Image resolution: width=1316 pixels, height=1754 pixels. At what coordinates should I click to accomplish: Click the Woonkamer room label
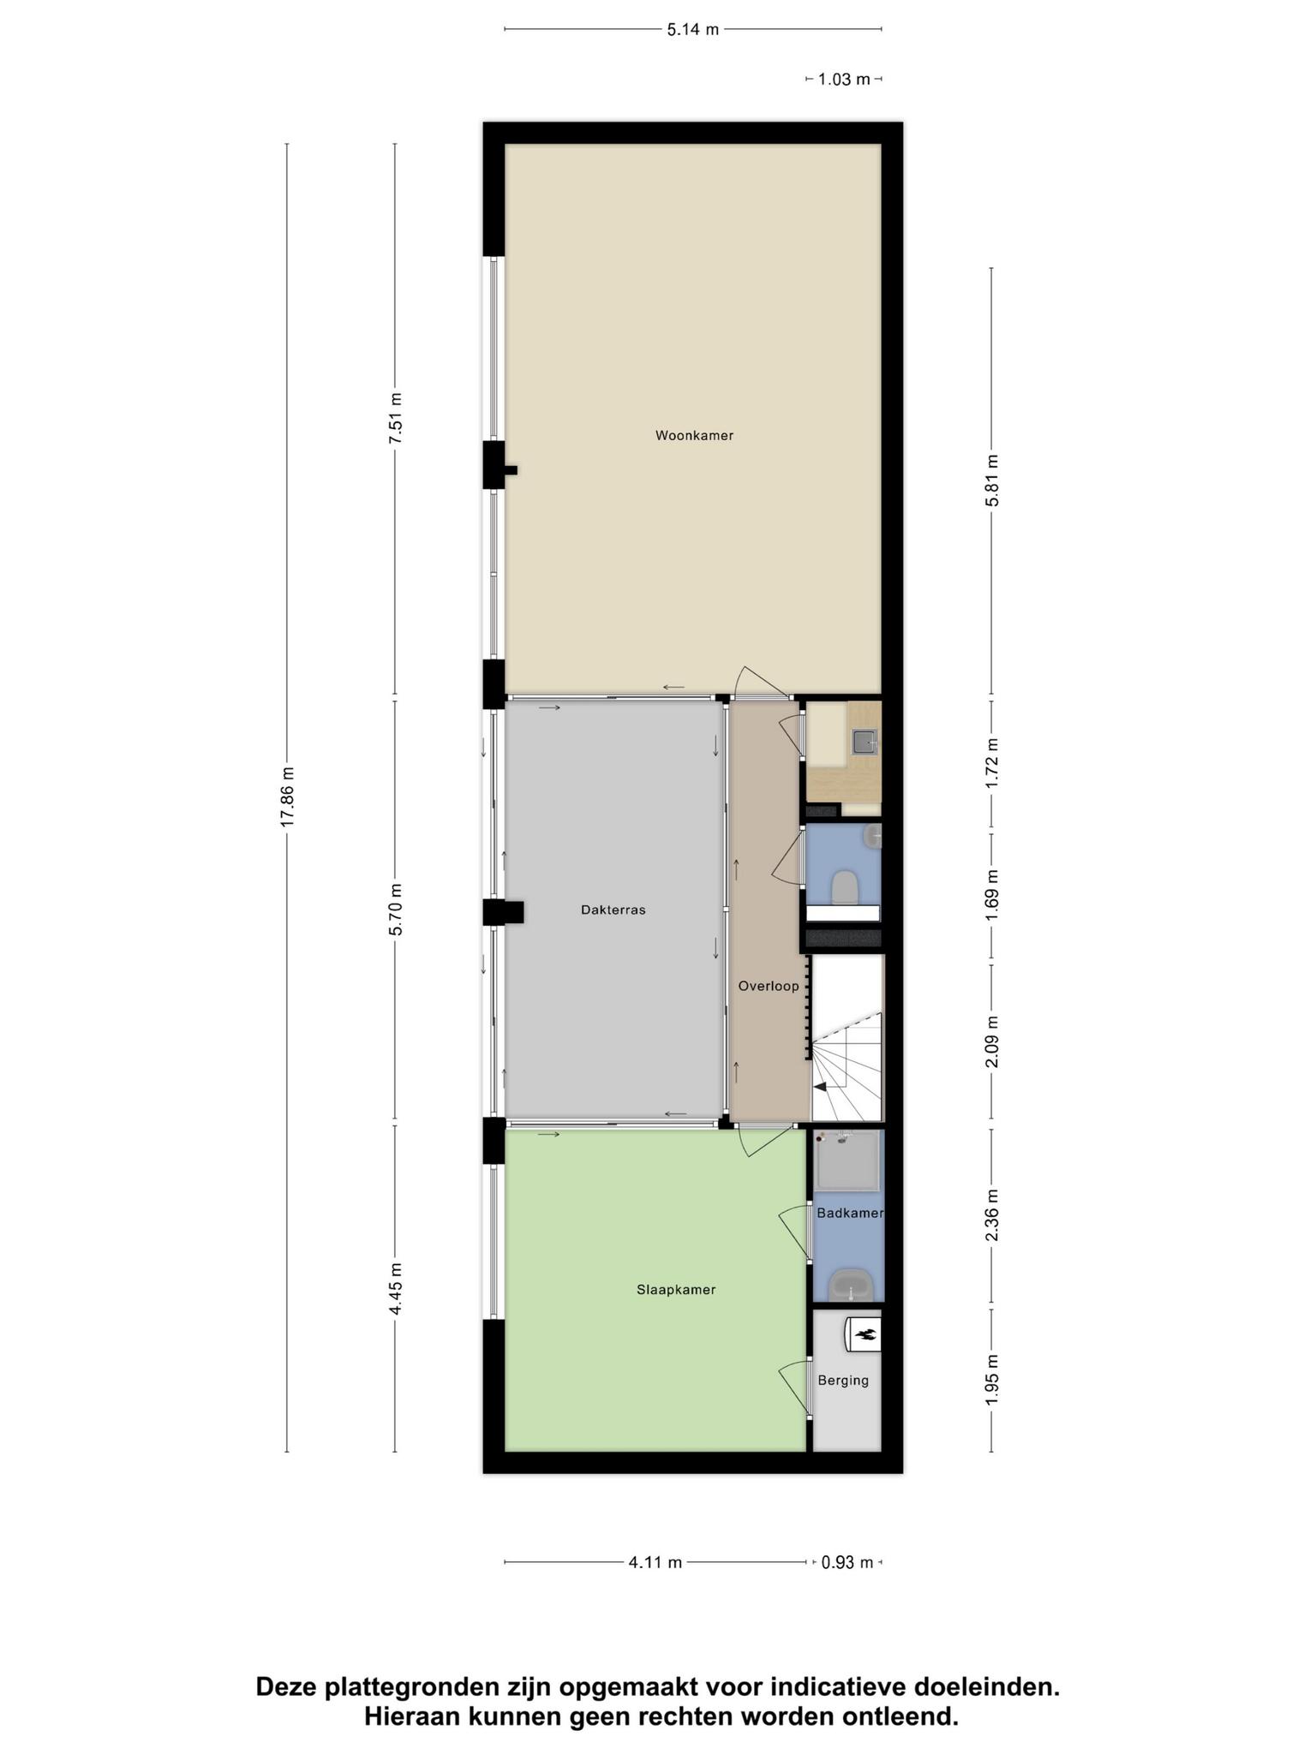[x=694, y=435]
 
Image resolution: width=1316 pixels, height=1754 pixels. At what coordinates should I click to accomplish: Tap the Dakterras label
[x=613, y=910]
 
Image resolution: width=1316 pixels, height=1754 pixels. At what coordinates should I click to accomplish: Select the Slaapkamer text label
[x=676, y=1289]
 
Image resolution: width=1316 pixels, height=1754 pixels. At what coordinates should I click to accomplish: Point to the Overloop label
[x=769, y=986]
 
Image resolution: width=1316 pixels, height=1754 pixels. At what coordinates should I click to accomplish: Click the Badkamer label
[x=849, y=1213]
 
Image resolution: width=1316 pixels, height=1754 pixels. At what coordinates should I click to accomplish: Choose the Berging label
[x=843, y=1380]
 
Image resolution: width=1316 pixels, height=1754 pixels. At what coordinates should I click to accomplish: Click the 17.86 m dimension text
[x=287, y=796]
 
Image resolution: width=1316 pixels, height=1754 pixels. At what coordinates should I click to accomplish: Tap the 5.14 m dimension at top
[x=693, y=29]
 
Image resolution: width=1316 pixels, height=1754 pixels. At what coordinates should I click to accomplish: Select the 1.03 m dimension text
[x=844, y=79]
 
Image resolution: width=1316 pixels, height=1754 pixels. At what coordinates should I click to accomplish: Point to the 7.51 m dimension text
[x=395, y=418]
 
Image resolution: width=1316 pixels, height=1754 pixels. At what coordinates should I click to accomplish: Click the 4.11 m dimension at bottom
[x=655, y=1562]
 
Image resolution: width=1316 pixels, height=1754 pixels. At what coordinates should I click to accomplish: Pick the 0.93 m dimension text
[x=847, y=1562]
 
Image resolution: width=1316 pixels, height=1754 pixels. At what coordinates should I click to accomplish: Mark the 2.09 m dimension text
[x=992, y=1042]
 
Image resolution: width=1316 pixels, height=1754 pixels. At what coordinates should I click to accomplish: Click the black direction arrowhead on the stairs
[x=820, y=1086]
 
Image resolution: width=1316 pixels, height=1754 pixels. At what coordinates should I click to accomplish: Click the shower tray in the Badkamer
[x=848, y=1160]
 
